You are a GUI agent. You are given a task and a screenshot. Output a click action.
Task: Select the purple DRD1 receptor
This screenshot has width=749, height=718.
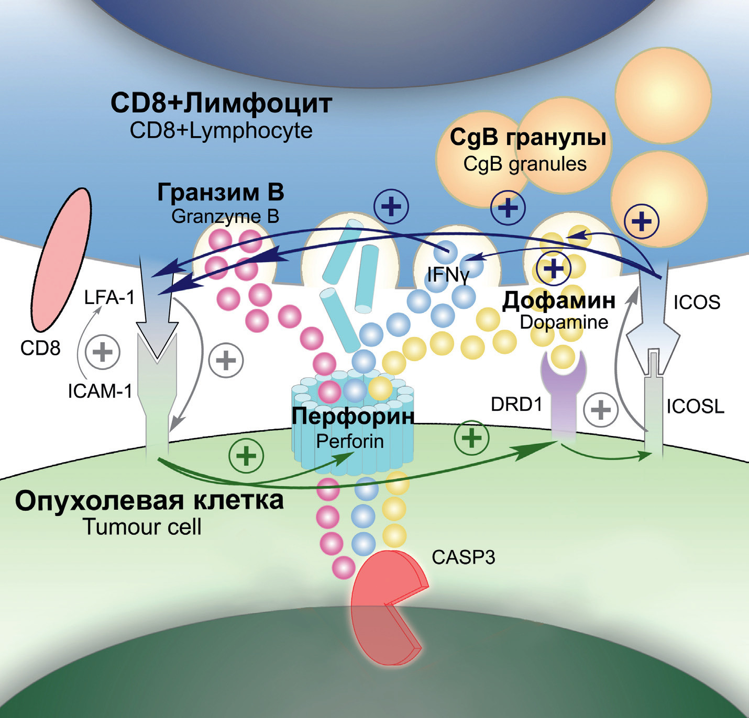(x=563, y=398)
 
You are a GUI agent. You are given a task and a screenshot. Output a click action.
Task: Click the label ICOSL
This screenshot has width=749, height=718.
(x=695, y=407)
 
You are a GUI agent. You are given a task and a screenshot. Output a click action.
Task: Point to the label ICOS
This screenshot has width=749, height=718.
(x=697, y=302)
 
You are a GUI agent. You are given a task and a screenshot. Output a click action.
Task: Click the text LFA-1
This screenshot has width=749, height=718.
(x=109, y=298)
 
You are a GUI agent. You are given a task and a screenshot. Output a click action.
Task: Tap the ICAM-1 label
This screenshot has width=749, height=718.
(x=100, y=391)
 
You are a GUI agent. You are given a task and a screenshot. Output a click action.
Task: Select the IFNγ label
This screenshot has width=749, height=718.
(x=448, y=274)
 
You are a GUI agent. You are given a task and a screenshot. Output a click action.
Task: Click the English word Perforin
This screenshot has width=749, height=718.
(x=350, y=441)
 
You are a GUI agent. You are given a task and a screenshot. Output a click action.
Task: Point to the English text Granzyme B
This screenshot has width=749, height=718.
(x=225, y=216)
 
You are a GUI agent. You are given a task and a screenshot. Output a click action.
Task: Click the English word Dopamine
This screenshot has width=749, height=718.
(x=564, y=322)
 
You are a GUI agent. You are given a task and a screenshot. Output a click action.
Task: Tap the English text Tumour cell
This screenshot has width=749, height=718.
(x=142, y=526)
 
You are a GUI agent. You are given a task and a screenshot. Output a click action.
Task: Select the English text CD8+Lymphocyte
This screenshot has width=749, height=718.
(x=221, y=130)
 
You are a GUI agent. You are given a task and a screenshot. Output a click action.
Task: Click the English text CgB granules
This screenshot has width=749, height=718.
(x=525, y=164)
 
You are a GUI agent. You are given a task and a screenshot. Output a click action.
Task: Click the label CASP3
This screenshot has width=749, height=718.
(x=463, y=557)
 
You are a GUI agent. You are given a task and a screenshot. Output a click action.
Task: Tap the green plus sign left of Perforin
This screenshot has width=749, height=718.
(x=246, y=455)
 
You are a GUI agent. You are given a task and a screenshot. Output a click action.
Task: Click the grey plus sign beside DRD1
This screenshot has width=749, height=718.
(x=601, y=409)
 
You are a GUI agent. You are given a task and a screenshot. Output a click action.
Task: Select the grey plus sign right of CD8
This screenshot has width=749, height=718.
(x=103, y=352)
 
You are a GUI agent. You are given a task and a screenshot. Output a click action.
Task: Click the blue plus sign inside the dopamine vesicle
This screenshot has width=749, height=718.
(x=554, y=268)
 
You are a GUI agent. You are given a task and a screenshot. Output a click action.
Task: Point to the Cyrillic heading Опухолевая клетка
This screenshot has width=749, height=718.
(x=149, y=500)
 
